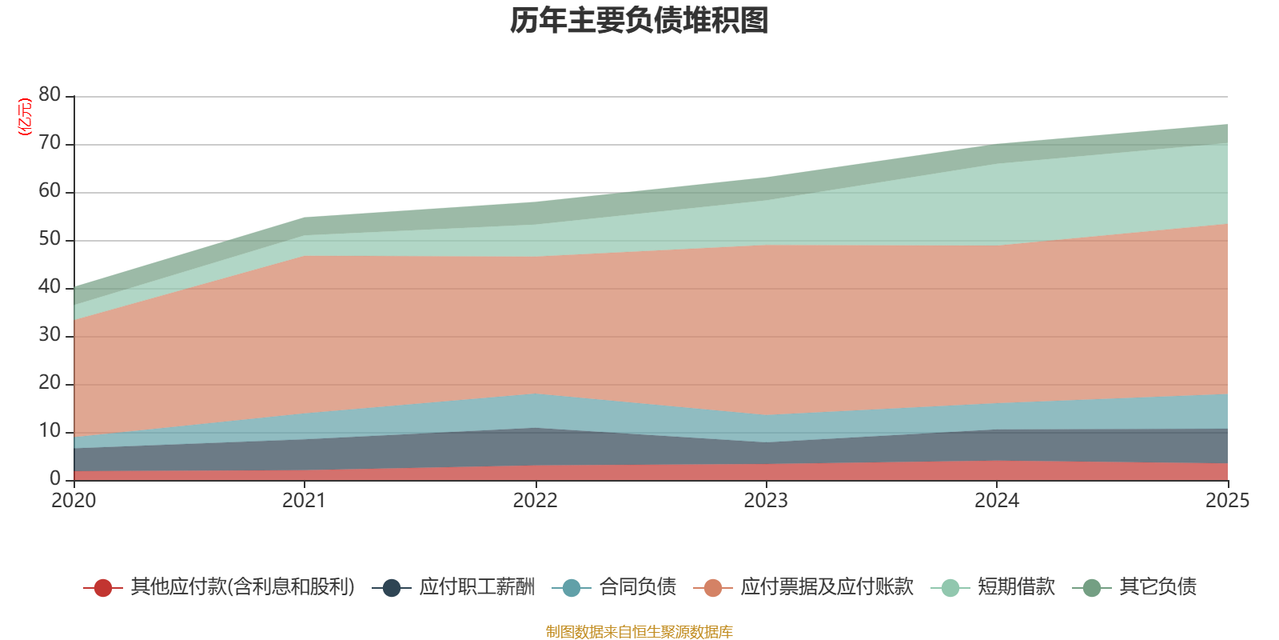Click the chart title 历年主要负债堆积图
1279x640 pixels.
click(x=639, y=21)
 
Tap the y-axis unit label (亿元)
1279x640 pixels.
click(x=25, y=117)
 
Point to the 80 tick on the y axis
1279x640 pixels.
click(x=50, y=95)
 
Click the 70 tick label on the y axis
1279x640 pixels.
click(x=50, y=143)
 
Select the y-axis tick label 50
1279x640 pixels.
click(x=50, y=239)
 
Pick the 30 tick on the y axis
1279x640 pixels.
click(x=50, y=335)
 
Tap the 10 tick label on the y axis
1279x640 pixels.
click(x=50, y=431)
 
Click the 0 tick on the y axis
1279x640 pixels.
click(x=55, y=478)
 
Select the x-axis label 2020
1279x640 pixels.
click(x=74, y=501)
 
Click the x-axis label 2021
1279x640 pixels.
click(x=305, y=501)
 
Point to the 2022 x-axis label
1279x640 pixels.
click(x=535, y=501)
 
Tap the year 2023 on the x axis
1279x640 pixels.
click(x=766, y=501)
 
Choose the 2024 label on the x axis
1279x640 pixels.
click(x=996, y=501)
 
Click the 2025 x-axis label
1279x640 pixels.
click(x=1227, y=501)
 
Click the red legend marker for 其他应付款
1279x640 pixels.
click(x=103, y=588)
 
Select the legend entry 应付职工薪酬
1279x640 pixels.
click(x=476, y=587)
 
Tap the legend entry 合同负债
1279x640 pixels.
click(x=637, y=587)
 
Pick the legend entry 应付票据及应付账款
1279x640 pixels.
click(x=826, y=587)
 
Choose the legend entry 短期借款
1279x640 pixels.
click(x=1015, y=587)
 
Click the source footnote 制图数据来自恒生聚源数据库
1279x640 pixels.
click(x=639, y=632)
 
